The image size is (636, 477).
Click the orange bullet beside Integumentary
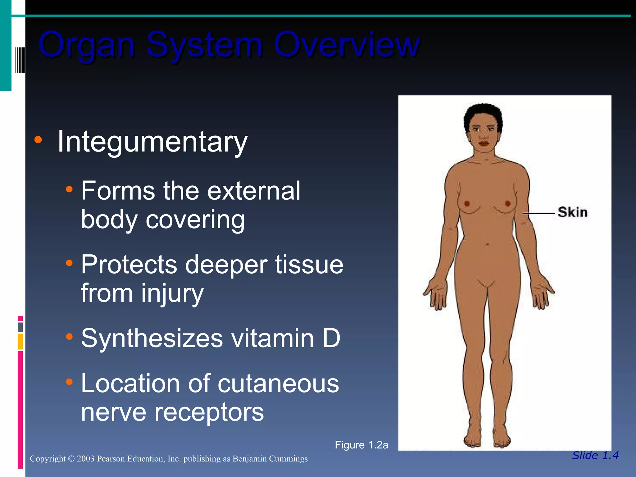click(38, 139)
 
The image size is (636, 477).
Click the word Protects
click(129, 265)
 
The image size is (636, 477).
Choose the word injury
click(172, 293)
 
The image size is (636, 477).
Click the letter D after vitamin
click(331, 338)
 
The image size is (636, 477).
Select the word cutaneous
click(278, 384)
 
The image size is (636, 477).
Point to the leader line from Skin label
click(539, 213)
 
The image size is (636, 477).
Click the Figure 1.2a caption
click(361, 445)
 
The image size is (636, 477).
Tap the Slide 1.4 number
click(595, 455)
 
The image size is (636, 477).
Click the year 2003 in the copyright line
click(85, 459)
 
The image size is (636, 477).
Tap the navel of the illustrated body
click(487, 245)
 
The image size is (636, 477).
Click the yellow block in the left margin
click(20, 341)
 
